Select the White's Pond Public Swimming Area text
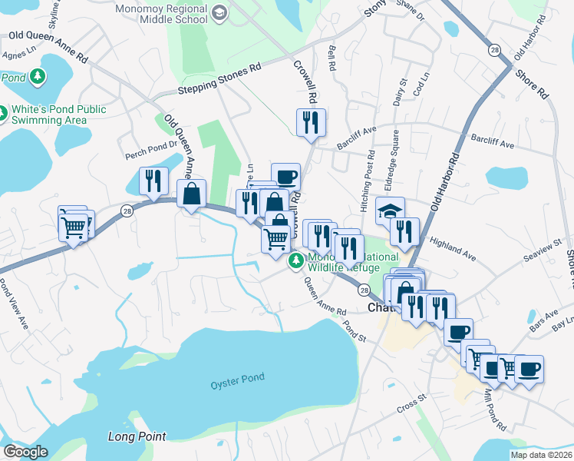[58, 115]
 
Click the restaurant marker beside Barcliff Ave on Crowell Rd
[311, 122]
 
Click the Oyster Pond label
[238, 378]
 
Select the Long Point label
[137, 436]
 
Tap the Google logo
[25, 452]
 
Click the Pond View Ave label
[14, 305]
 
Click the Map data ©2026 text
[541, 455]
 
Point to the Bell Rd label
[332, 56]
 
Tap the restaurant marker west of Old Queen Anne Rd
[153, 180]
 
